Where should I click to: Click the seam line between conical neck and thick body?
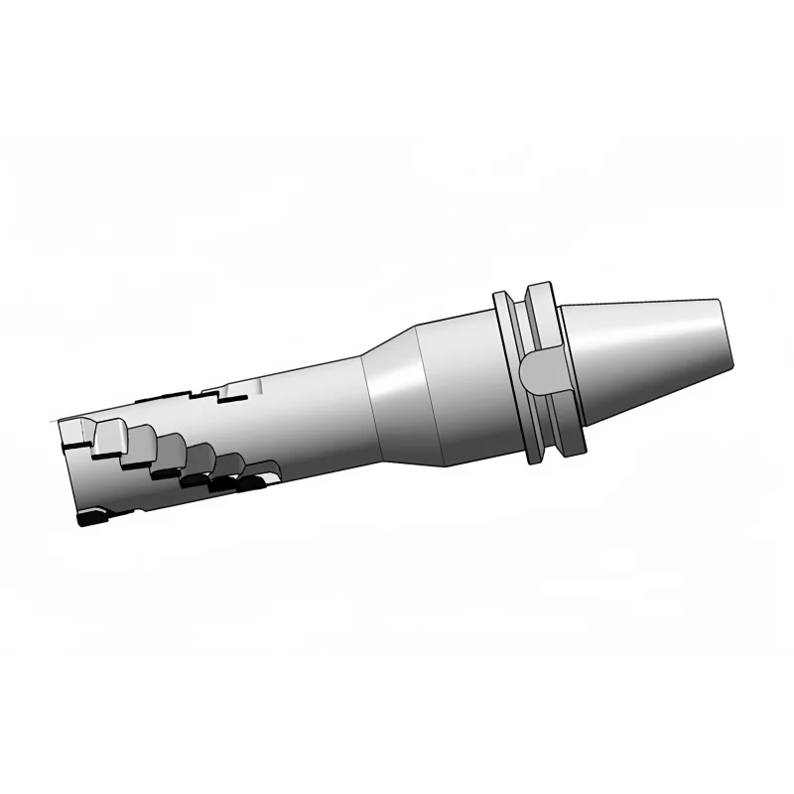click(416, 397)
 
